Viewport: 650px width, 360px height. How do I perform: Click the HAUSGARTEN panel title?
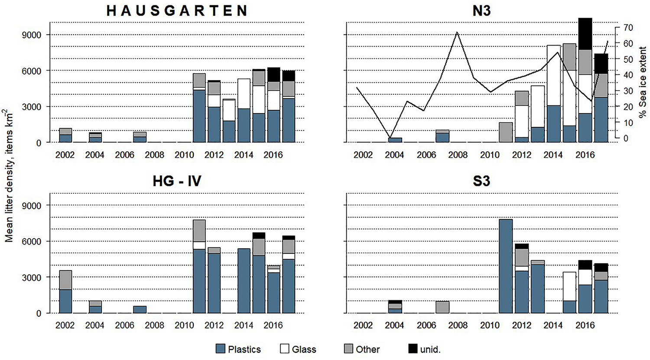(177, 10)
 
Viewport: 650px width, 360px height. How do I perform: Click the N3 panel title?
(481, 10)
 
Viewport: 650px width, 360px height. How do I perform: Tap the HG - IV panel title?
(177, 181)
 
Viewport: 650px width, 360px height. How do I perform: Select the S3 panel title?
(481, 181)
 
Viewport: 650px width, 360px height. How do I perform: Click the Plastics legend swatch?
(221, 349)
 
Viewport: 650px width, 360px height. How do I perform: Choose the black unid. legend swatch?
(413, 349)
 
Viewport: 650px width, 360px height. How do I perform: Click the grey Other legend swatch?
(348, 349)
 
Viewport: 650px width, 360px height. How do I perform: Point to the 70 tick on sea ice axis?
(627, 27)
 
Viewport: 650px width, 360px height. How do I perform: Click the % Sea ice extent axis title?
(643, 82)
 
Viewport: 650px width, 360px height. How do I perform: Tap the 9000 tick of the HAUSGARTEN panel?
(32, 35)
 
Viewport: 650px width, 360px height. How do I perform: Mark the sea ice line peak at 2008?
(458, 32)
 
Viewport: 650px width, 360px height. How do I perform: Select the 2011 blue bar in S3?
(506, 266)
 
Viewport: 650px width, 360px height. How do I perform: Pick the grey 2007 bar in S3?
(442, 307)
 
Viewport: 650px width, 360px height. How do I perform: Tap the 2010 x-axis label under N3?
(490, 155)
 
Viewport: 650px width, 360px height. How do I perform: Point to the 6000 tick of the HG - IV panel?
(32, 241)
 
